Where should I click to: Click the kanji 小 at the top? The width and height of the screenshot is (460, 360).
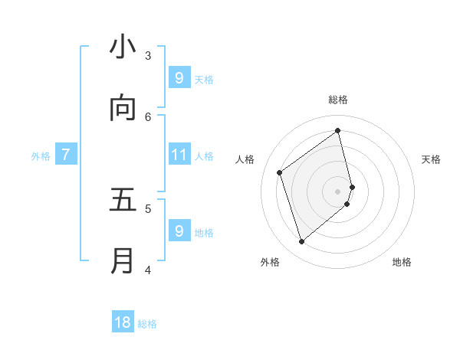point(123,47)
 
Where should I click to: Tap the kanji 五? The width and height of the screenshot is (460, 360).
point(123,200)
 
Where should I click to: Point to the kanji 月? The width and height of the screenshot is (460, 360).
point(123,260)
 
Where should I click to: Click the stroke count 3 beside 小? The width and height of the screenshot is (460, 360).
point(148,55)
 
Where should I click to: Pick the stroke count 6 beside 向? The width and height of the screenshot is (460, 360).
point(148,116)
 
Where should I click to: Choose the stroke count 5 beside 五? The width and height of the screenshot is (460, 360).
point(148,208)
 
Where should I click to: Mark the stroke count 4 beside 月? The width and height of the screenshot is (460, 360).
point(148,269)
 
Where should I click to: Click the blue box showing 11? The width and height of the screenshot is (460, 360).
point(179,155)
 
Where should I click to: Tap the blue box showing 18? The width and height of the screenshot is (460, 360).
point(123,322)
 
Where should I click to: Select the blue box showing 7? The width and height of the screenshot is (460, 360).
point(66,155)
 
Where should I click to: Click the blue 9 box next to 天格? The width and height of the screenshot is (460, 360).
point(179,77)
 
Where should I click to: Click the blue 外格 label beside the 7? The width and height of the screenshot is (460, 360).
point(41,156)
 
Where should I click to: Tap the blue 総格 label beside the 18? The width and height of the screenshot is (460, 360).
point(147,324)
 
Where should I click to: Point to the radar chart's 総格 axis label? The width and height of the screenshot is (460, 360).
point(338,100)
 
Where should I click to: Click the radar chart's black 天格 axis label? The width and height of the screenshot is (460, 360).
point(431,159)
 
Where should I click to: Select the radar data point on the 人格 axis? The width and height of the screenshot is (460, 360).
point(280,172)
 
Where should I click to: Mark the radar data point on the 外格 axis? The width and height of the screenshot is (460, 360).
point(301,242)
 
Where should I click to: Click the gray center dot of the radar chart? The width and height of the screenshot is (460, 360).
point(338,191)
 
